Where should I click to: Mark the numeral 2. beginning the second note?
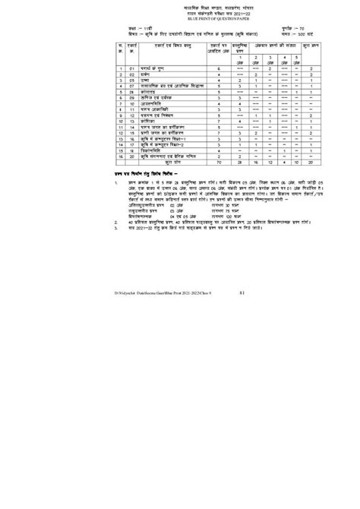pos(116,243)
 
